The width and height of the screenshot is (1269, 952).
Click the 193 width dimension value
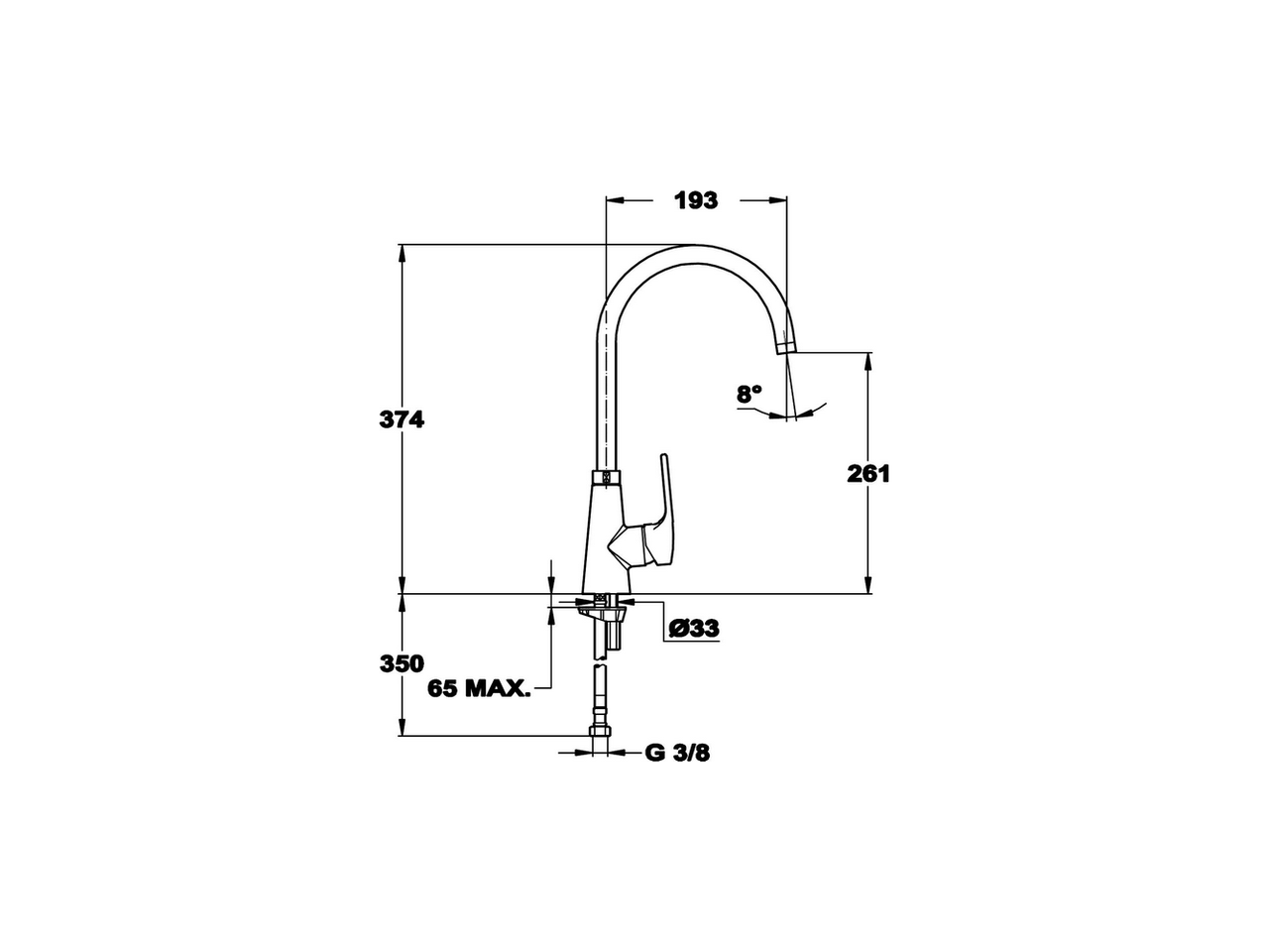tap(695, 200)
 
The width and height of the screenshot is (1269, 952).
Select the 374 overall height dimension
tap(402, 419)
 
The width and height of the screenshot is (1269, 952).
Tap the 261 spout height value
tap(868, 474)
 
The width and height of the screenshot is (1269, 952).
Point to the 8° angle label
tap(750, 394)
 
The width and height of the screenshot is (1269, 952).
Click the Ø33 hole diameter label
tap(693, 629)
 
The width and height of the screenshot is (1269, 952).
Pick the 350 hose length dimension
tap(402, 663)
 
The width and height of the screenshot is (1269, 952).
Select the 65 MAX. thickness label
tap(479, 688)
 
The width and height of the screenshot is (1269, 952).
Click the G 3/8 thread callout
tap(678, 754)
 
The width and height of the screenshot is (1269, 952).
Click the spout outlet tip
tap(785, 348)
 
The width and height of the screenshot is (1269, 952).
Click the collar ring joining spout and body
tap(606, 478)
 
